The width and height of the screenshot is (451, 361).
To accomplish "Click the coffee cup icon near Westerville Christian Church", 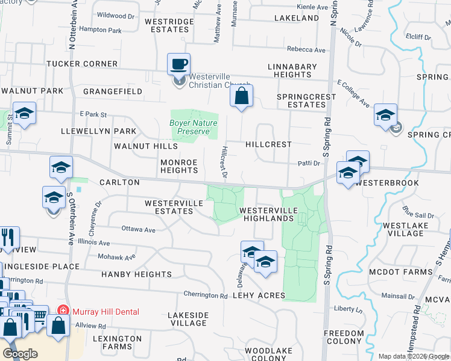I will [179, 63].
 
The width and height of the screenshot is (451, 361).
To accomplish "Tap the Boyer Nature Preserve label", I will [193, 127].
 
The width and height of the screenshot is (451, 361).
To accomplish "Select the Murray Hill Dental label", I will [106, 312].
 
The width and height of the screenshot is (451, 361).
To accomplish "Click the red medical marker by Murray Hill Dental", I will [62, 311].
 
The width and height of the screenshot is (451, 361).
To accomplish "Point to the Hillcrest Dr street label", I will [224, 162].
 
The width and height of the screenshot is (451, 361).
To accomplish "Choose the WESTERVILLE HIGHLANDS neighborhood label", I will [268, 214].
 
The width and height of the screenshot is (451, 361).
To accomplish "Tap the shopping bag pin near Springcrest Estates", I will [241, 96].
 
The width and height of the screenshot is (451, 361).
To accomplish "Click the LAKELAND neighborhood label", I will [296, 18].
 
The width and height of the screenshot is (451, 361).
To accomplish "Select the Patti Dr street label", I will [308, 163].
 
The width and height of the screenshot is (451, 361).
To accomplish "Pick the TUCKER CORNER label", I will [82, 64].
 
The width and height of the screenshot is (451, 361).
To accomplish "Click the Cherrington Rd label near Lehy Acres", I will [206, 295].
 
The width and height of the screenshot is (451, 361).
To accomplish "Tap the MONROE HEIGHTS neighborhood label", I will [179, 166].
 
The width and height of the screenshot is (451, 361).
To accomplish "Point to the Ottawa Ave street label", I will [139, 230].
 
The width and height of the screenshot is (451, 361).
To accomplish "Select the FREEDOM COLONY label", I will [344, 338].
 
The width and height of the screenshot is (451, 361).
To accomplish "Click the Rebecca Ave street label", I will [306, 50].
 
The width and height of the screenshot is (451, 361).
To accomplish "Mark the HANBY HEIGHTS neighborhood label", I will [136, 274].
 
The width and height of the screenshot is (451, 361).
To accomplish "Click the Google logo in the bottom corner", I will [20, 354].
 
